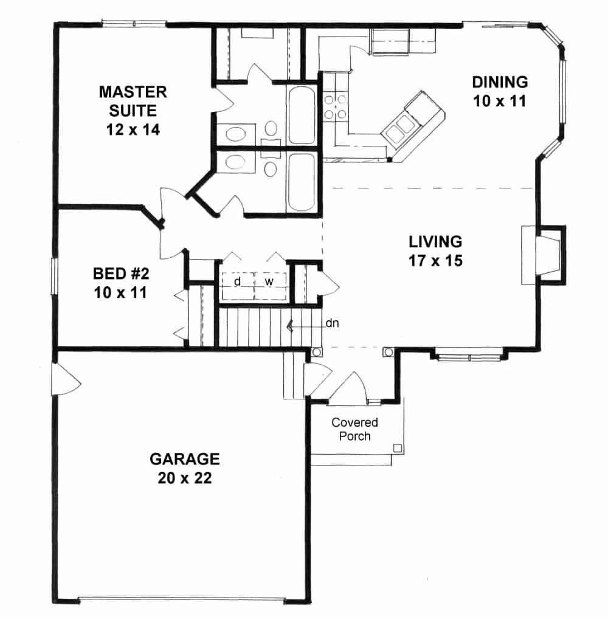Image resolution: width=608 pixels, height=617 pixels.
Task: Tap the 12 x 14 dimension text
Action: point(133,129)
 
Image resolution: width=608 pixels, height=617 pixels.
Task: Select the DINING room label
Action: point(500,81)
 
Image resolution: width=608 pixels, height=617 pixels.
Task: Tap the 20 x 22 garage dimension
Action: point(185,478)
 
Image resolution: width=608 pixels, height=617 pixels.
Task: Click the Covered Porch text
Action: point(354,429)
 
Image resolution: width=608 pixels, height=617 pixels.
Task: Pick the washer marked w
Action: point(268,283)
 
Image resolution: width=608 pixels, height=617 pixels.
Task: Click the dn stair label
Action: point(332,323)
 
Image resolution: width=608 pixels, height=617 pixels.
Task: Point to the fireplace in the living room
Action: point(543,254)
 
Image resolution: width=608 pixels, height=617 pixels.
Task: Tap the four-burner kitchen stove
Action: point(335,105)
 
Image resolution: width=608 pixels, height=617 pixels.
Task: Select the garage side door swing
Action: point(66,381)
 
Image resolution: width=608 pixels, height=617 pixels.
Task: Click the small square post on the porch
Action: point(397,449)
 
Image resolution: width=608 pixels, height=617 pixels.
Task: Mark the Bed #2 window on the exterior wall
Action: point(54,277)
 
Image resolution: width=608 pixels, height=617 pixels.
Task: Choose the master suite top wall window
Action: point(133,24)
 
